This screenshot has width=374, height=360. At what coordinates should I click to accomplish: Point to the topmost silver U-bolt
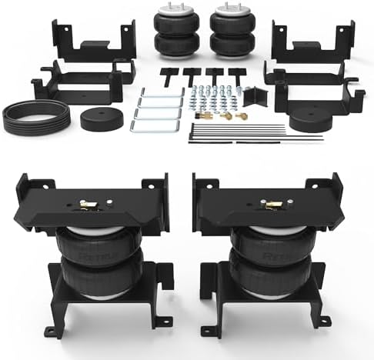tap(159, 93)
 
